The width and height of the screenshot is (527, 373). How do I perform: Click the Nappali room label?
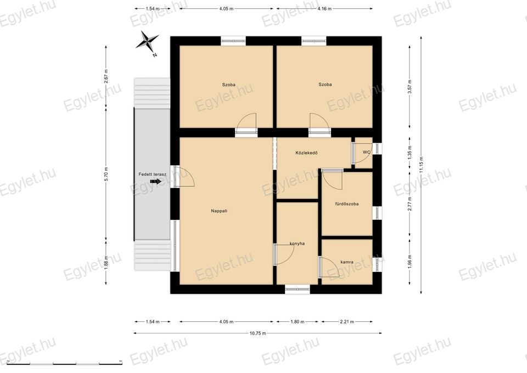[x=219, y=211]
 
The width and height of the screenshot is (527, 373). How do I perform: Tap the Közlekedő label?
[x=306, y=153]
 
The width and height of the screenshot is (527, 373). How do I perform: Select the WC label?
[x=366, y=152]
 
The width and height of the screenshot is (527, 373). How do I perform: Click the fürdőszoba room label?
[x=347, y=204]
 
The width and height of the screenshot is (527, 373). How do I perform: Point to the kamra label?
[x=347, y=262]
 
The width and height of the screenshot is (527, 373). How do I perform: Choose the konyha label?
[x=297, y=243]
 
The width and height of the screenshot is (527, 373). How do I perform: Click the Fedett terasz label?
[x=153, y=174]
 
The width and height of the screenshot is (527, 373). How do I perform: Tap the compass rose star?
[x=147, y=42]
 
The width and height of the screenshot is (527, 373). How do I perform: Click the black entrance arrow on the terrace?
[x=155, y=181]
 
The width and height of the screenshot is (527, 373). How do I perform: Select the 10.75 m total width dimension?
[x=258, y=333]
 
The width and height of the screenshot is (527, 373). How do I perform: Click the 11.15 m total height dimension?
[x=421, y=165]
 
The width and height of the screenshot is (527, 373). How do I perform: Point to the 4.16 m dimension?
[x=324, y=9]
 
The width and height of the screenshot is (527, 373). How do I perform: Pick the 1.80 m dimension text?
[x=298, y=321]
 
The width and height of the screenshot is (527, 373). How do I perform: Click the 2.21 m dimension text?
[x=347, y=321]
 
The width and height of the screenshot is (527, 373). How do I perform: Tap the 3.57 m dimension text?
[x=410, y=87]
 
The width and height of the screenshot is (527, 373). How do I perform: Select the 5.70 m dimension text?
[x=106, y=174]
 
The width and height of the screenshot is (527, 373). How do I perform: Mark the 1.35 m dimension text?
[x=410, y=153]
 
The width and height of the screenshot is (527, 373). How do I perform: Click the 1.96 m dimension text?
[x=410, y=263]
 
